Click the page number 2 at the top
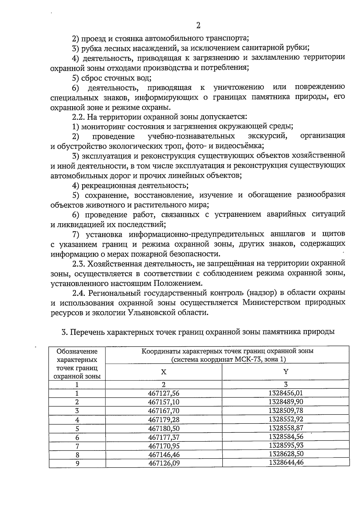pos(198,26)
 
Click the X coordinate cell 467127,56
pos(163,393)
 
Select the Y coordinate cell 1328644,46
pos(286,462)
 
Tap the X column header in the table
pos(163,372)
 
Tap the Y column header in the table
pos(286,372)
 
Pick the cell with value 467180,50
pos(163,429)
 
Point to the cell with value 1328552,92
pos(286,419)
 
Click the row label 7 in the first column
pos(77,446)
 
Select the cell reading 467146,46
pos(164,455)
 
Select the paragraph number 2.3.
pos(79,264)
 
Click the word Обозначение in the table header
pos(77,351)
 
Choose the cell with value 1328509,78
pos(286,410)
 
